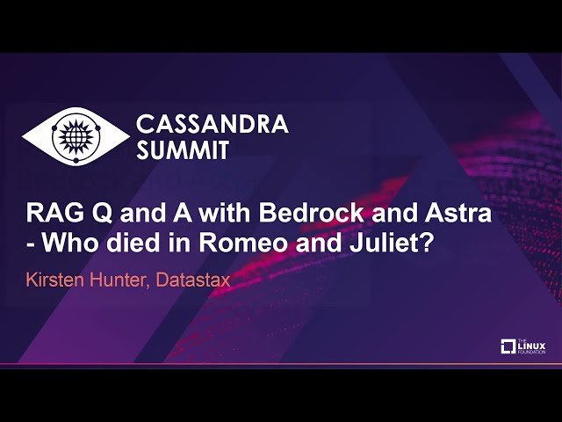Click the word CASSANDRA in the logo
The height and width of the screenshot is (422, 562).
point(213,125)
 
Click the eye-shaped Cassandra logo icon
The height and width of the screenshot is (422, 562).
point(74,136)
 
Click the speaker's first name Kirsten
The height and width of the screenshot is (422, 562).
point(60,280)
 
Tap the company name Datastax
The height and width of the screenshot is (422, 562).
point(198,280)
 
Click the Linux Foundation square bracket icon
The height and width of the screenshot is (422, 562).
point(508,347)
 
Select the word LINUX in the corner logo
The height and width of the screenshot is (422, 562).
point(532,345)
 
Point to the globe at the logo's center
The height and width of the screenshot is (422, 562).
point(74,136)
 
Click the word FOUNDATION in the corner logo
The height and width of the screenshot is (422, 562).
point(532,352)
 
